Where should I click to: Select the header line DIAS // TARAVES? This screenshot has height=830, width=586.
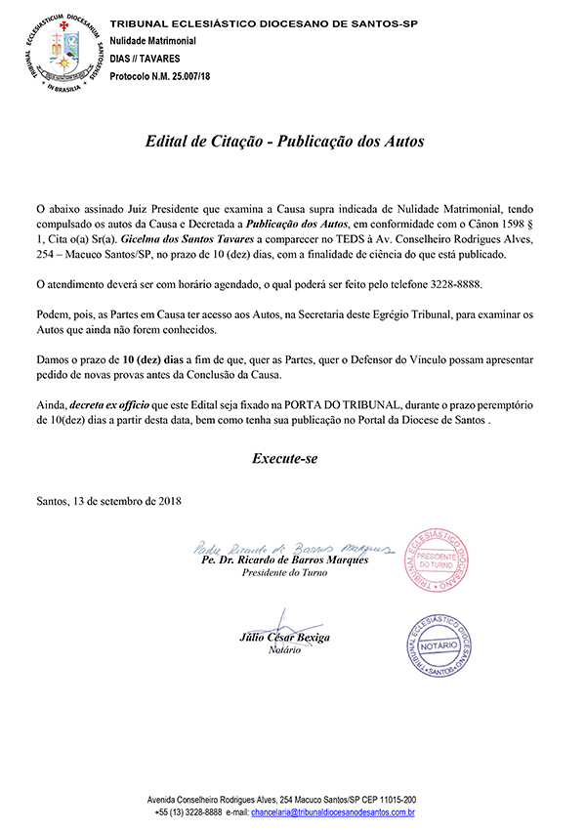point(145,59)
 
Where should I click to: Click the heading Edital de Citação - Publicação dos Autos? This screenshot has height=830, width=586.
point(285,141)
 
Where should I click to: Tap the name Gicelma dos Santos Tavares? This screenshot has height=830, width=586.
point(179,237)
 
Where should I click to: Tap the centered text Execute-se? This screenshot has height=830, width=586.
point(285,457)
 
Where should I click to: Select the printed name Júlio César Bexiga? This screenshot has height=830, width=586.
point(285,638)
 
